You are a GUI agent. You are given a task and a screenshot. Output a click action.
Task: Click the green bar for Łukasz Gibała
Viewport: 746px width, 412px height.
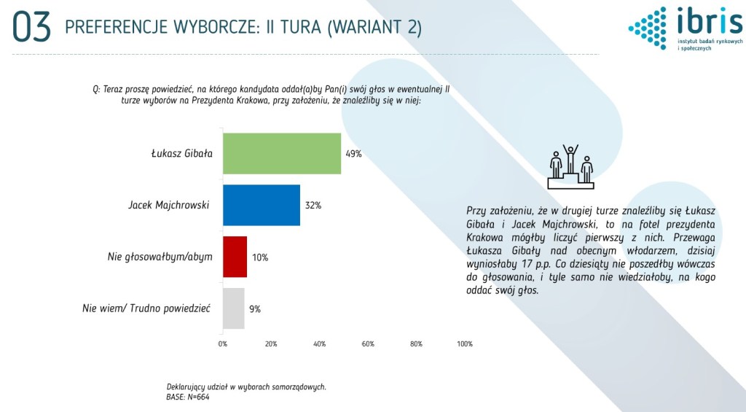tap(282, 153)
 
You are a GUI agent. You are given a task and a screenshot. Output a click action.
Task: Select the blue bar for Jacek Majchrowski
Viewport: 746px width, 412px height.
tap(262, 205)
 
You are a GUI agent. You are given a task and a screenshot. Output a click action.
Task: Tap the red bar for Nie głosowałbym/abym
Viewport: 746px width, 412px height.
tap(235, 257)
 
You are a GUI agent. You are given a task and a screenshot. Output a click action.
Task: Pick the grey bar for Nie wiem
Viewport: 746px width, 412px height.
tap(234, 308)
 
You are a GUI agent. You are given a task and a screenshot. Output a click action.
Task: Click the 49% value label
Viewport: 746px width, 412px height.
tap(353, 154)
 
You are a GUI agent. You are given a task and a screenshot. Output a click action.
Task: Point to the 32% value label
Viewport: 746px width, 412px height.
tap(313, 206)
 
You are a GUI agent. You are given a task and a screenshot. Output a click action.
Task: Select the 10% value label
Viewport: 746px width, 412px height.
tap(260, 257)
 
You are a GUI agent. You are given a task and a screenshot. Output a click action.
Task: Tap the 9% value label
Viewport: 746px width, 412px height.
tap(255, 308)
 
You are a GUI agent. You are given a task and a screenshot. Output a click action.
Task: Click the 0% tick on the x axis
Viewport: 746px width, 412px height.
tap(223, 344)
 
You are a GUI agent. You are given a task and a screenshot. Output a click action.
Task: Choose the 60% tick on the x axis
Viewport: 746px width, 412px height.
tap(368, 344)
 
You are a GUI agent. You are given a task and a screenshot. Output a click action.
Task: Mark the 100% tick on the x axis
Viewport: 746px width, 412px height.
tap(465, 344)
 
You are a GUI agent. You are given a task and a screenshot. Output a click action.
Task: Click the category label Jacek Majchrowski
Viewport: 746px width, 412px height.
tap(168, 206)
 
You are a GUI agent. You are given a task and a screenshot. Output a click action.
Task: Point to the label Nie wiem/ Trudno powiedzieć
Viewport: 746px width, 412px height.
tap(146, 308)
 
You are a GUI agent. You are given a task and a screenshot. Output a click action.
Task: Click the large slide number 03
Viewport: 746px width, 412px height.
tap(31, 27)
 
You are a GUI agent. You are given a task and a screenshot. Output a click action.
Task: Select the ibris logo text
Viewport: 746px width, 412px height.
tap(710, 21)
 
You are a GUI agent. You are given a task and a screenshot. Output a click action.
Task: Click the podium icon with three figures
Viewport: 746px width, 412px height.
tap(570, 167)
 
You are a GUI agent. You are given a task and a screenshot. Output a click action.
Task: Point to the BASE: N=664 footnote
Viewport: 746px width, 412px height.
tap(187, 397)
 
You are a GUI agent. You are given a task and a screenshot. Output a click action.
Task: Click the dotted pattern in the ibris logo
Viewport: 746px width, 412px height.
tap(648, 28)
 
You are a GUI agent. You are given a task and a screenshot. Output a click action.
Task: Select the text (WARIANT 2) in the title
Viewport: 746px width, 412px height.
tap(374, 27)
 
